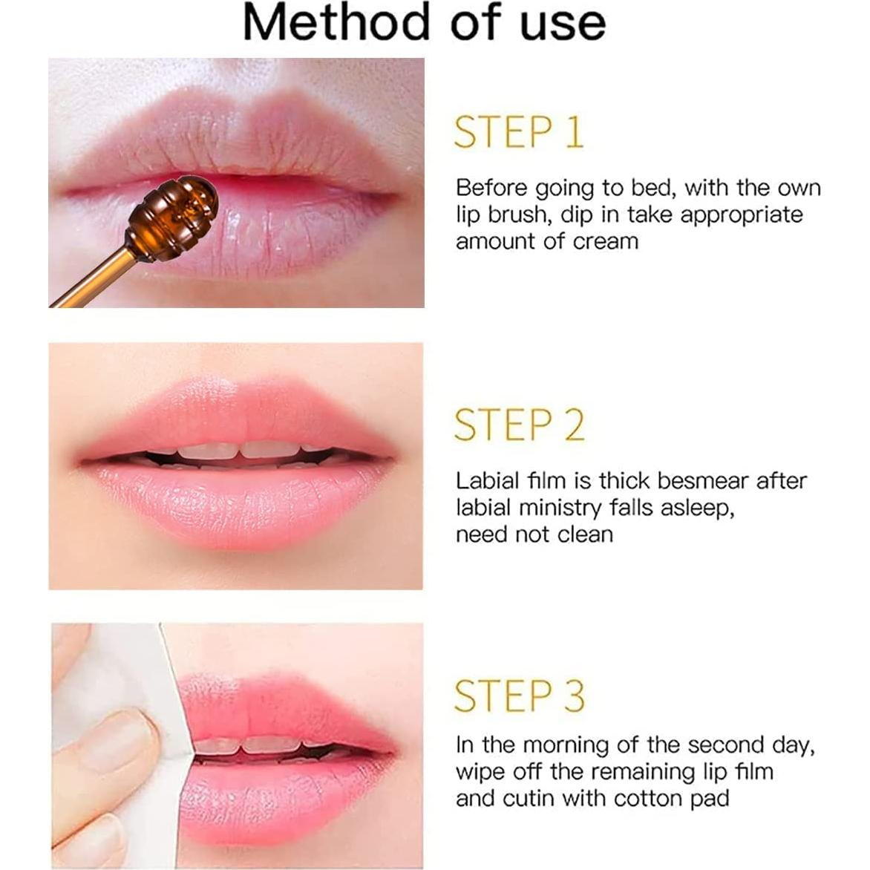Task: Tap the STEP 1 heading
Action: coord(519,132)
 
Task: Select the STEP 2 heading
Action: coord(519,425)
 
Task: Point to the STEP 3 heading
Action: coord(519,696)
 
